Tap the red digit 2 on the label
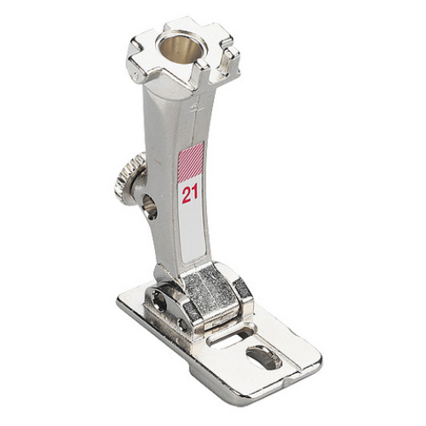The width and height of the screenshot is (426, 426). pyautogui.click(x=187, y=195)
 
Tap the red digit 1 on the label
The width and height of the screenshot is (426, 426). pyautogui.click(x=195, y=194)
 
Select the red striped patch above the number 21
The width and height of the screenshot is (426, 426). pyautogui.click(x=191, y=158)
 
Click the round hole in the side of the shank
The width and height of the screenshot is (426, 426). pyautogui.click(x=150, y=206)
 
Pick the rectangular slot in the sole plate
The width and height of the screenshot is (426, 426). pyautogui.click(x=231, y=337)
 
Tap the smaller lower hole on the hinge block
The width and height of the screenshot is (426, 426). pyautogui.click(x=181, y=324)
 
